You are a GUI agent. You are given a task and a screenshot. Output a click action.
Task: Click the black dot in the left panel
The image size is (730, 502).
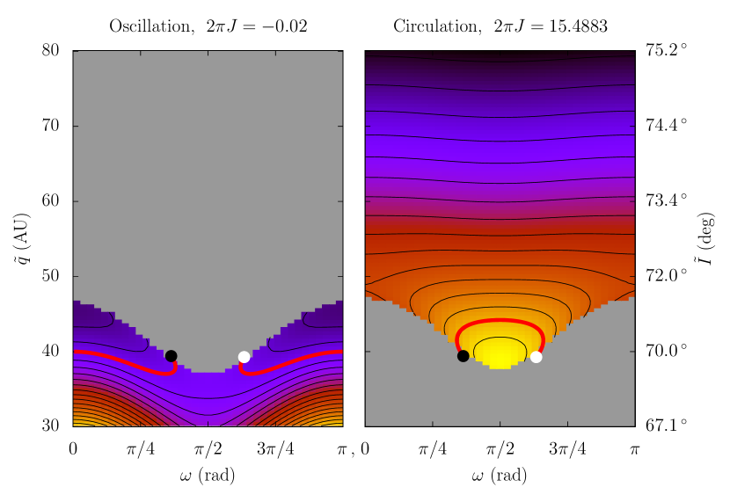point(171,356)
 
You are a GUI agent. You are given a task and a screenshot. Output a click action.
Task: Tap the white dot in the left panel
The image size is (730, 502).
point(244,357)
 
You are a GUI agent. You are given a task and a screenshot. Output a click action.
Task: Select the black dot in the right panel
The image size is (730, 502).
point(463,356)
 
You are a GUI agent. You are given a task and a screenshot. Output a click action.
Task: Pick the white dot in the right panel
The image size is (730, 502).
point(536,357)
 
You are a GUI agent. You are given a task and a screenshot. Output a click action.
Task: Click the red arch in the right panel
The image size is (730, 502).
point(500,321)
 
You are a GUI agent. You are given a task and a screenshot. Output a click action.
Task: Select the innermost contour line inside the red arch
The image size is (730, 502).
point(500,338)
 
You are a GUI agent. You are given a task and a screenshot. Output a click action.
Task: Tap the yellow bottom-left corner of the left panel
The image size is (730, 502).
point(77,423)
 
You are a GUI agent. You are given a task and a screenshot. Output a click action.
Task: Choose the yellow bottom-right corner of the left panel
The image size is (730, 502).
point(339,423)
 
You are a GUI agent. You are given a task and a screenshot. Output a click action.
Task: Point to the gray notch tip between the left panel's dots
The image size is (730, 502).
point(208,370)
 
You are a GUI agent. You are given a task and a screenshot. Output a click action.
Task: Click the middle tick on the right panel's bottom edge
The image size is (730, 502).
point(500,423)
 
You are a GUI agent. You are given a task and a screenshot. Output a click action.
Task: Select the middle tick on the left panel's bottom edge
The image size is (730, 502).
point(208,423)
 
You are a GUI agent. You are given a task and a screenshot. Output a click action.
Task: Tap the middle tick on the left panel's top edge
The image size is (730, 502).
point(208,54)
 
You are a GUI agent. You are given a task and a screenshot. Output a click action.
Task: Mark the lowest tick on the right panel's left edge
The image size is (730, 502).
point(369,352)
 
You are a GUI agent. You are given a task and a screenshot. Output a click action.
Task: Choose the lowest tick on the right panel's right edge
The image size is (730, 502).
point(631,352)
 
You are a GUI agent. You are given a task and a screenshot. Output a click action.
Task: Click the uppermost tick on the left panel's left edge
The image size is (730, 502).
point(76,126)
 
